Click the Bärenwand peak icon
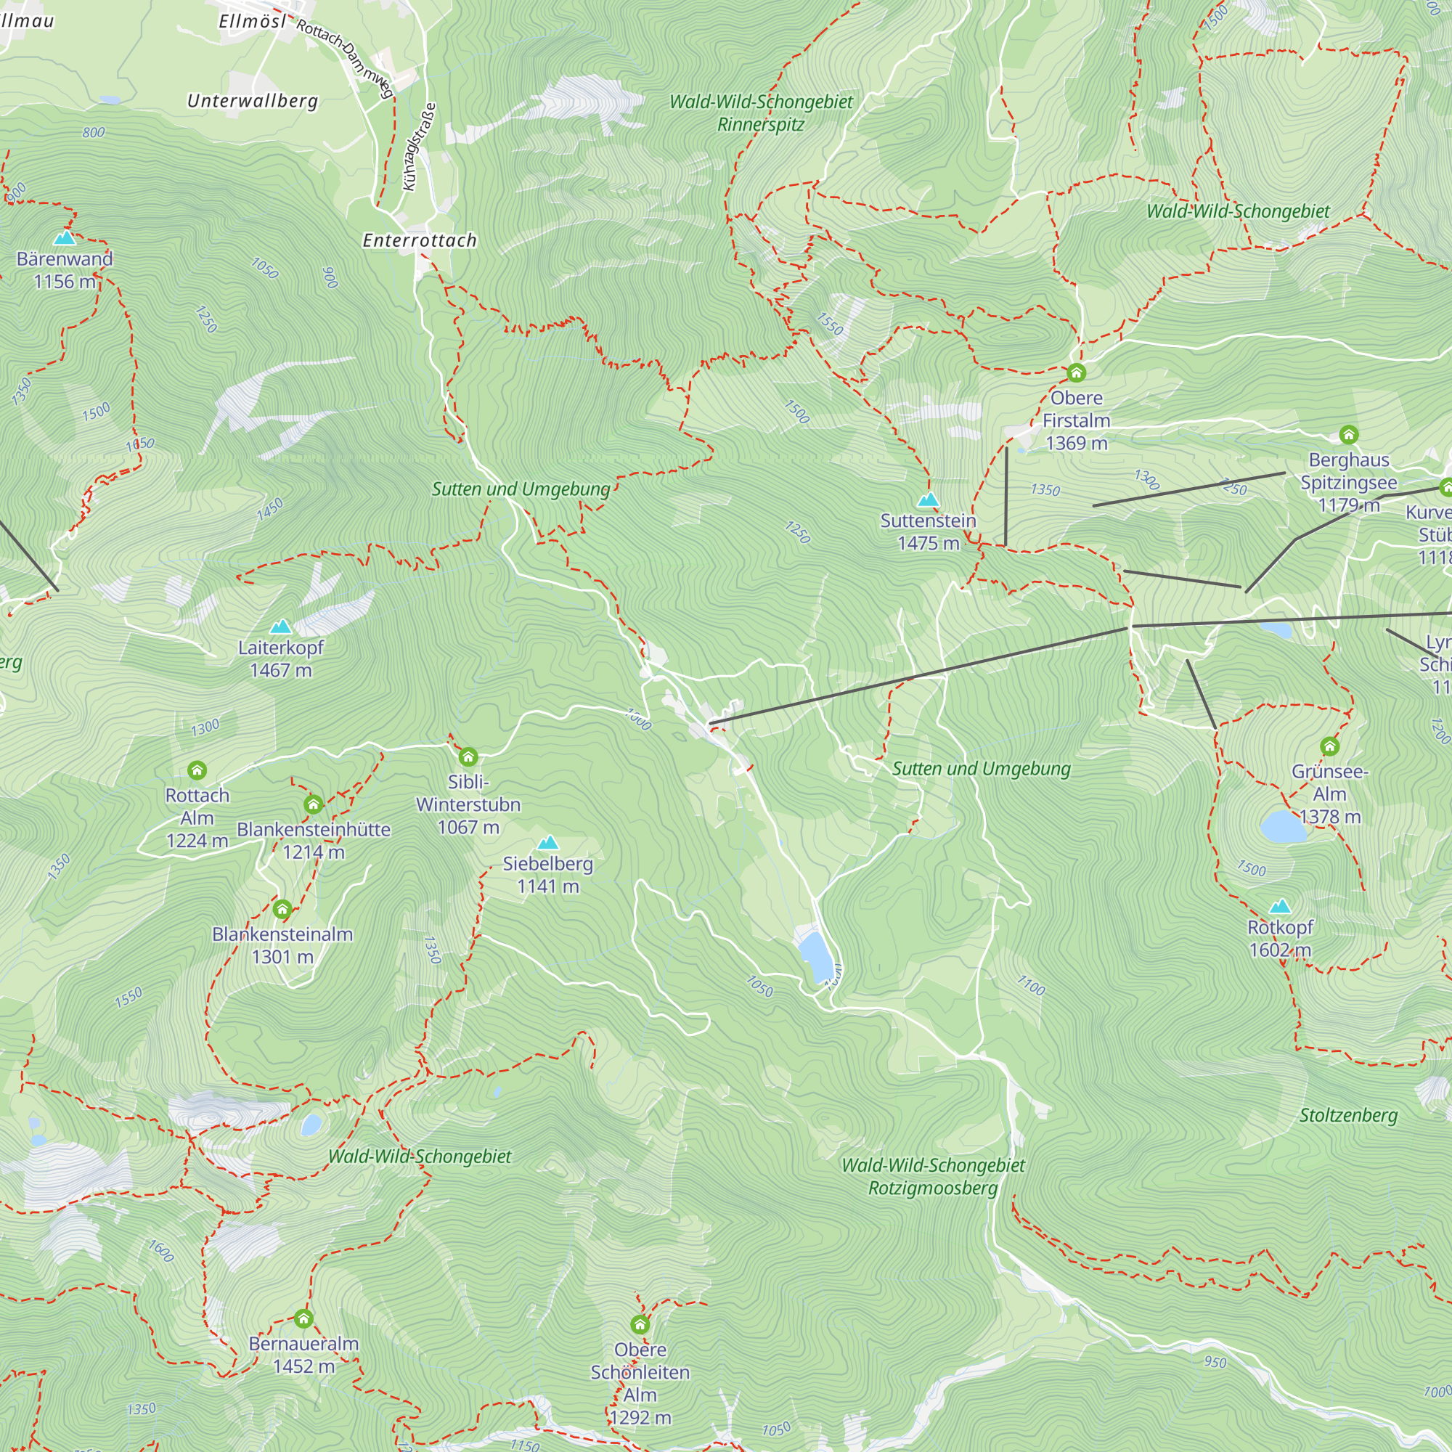point(65,238)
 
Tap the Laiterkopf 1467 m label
point(280,658)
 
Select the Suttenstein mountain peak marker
point(928,499)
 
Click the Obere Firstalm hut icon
point(1076,372)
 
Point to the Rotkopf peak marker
point(1280,906)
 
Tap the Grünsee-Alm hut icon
point(1329,746)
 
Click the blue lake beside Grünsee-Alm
point(1283,827)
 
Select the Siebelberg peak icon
point(548,842)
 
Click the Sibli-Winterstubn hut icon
point(468,756)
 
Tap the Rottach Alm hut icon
point(197,770)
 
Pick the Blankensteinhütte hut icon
point(314,805)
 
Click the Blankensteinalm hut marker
point(282,910)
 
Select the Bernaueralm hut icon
point(303,1319)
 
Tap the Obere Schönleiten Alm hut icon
point(640,1324)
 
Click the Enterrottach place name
point(420,240)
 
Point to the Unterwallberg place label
point(253,101)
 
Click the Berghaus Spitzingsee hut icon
point(1348,434)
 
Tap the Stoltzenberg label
point(1348,1115)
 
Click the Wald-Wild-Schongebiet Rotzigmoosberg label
point(933,1177)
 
